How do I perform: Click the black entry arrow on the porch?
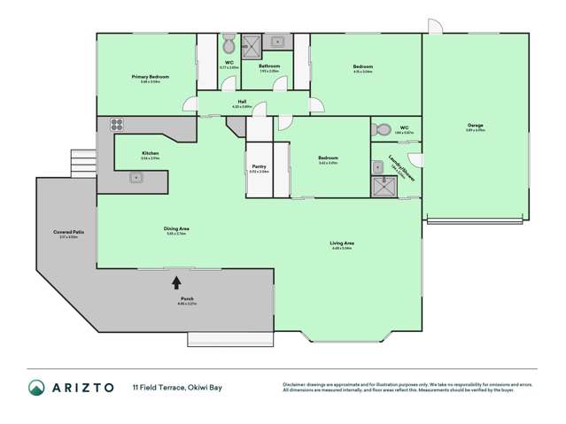[175, 282]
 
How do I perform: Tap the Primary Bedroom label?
[151, 77]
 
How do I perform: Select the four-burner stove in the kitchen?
[116, 126]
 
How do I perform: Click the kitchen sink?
[136, 178]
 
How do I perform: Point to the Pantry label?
[259, 166]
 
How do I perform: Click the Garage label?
[476, 126]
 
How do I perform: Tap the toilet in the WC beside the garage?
[383, 130]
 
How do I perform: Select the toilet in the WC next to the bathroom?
[229, 45]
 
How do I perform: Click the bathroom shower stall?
[253, 43]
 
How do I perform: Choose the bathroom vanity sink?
[277, 41]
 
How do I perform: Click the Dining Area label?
[177, 229]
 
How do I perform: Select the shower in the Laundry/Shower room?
[383, 186]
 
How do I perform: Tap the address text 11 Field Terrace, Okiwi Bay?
[177, 387]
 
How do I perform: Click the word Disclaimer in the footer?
[296, 383]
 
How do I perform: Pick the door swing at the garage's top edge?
[432, 27]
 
